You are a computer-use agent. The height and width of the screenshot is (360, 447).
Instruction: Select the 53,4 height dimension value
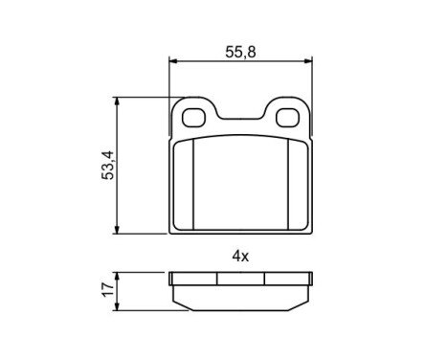click(x=107, y=165)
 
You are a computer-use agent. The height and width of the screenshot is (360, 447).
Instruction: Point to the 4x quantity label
click(x=240, y=256)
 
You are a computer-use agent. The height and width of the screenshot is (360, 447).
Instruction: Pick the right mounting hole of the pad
click(x=287, y=118)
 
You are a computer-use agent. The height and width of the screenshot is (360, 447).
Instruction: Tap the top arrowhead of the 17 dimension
click(x=118, y=276)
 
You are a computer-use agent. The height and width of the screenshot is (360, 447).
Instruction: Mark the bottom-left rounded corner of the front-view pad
click(x=173, y=229)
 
